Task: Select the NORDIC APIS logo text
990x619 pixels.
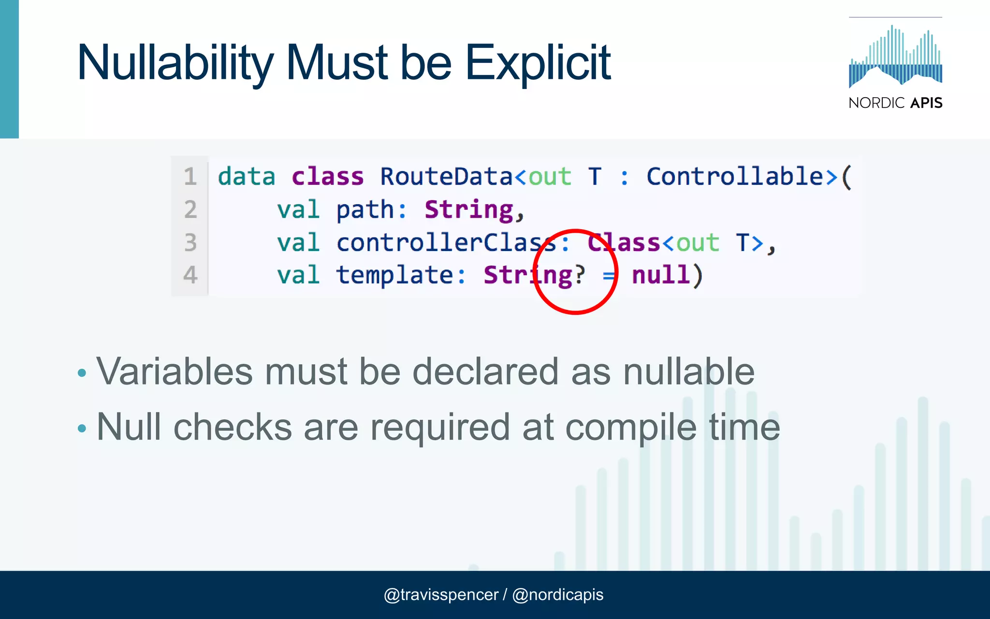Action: tap(895, 103)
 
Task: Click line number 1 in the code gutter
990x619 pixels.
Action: tap(190, 177)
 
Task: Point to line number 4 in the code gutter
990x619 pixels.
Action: tap(190, 275)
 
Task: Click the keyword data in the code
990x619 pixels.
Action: tap(247, 177)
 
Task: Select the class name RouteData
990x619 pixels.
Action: tap(446, 177)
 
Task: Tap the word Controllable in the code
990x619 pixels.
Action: tap(735, 177)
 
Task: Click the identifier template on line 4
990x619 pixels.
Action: tap(394, 275)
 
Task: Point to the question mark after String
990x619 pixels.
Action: tap(580, 275)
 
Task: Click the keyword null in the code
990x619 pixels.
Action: tap(661, 275)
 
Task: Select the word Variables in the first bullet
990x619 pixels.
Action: tap(175, 372)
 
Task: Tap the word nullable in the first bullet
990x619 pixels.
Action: tap(688, 372)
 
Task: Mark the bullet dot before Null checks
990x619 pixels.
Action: tap(82, 428)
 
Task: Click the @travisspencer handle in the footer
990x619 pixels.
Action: tap(441, 595)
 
